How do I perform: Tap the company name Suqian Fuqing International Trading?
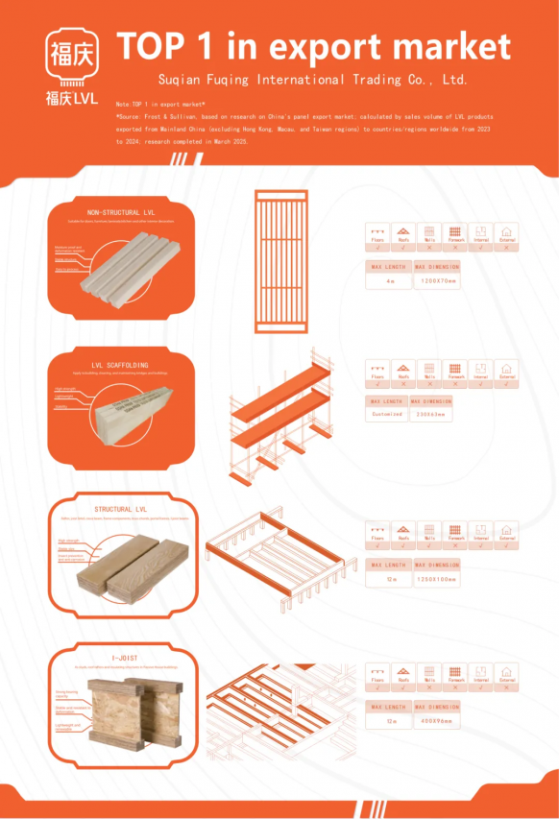312,79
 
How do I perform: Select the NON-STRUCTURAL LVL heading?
121,211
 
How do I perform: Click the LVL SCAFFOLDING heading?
120,365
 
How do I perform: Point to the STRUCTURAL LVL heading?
120,509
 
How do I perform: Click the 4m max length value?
390,281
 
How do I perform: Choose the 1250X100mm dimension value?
438,579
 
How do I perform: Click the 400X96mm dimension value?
438,720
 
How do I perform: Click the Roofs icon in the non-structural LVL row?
404,233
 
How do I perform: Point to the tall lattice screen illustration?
281,260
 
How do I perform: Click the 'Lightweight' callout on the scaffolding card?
64,397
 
